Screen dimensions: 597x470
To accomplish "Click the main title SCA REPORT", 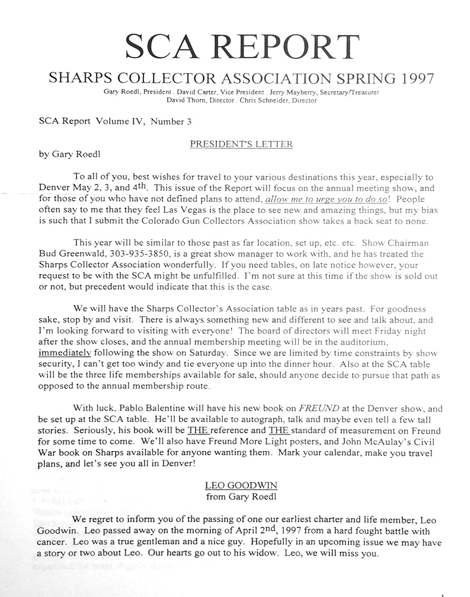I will (241, 47).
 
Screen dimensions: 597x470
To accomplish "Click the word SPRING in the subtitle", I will (359, 78).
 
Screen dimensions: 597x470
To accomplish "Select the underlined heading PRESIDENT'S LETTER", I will (241, 144).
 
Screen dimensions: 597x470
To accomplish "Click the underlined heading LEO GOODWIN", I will (241, 485).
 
